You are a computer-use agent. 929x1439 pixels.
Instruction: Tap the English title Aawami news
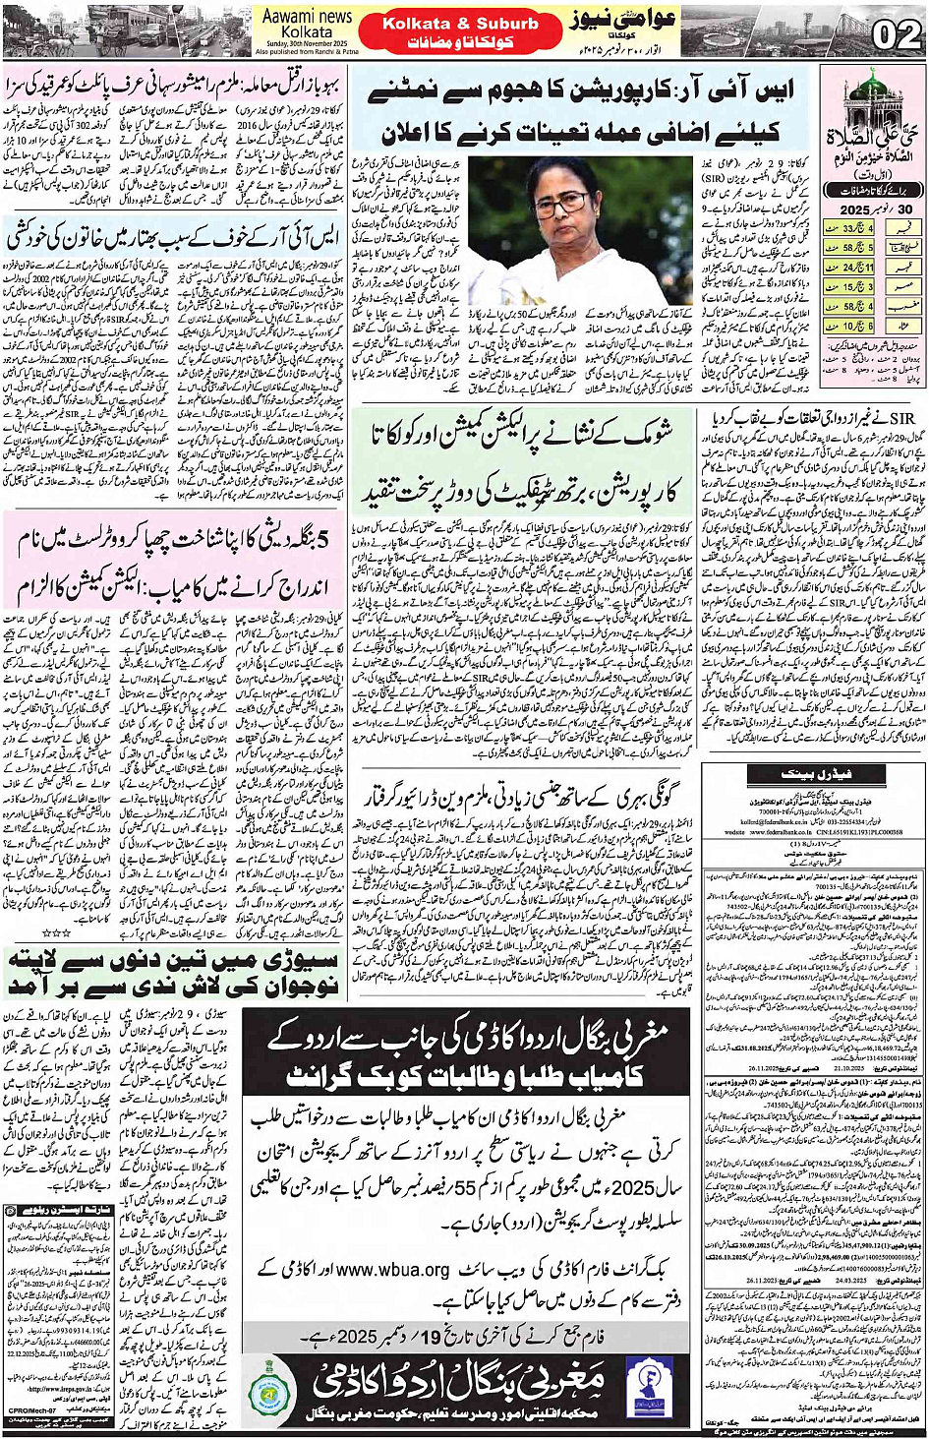(307, 17)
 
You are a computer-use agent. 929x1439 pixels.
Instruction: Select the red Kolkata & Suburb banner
(460, 23)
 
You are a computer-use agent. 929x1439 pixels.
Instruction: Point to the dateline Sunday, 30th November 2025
(306, 44)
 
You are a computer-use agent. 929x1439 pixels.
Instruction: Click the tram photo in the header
(128, 30)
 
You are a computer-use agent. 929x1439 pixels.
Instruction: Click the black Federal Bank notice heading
(815, 775)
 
